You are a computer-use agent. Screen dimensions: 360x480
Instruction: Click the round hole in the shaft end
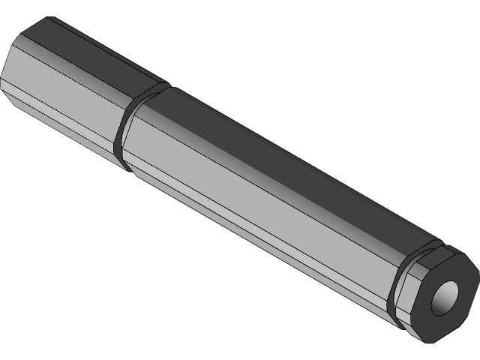coord(445,295)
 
